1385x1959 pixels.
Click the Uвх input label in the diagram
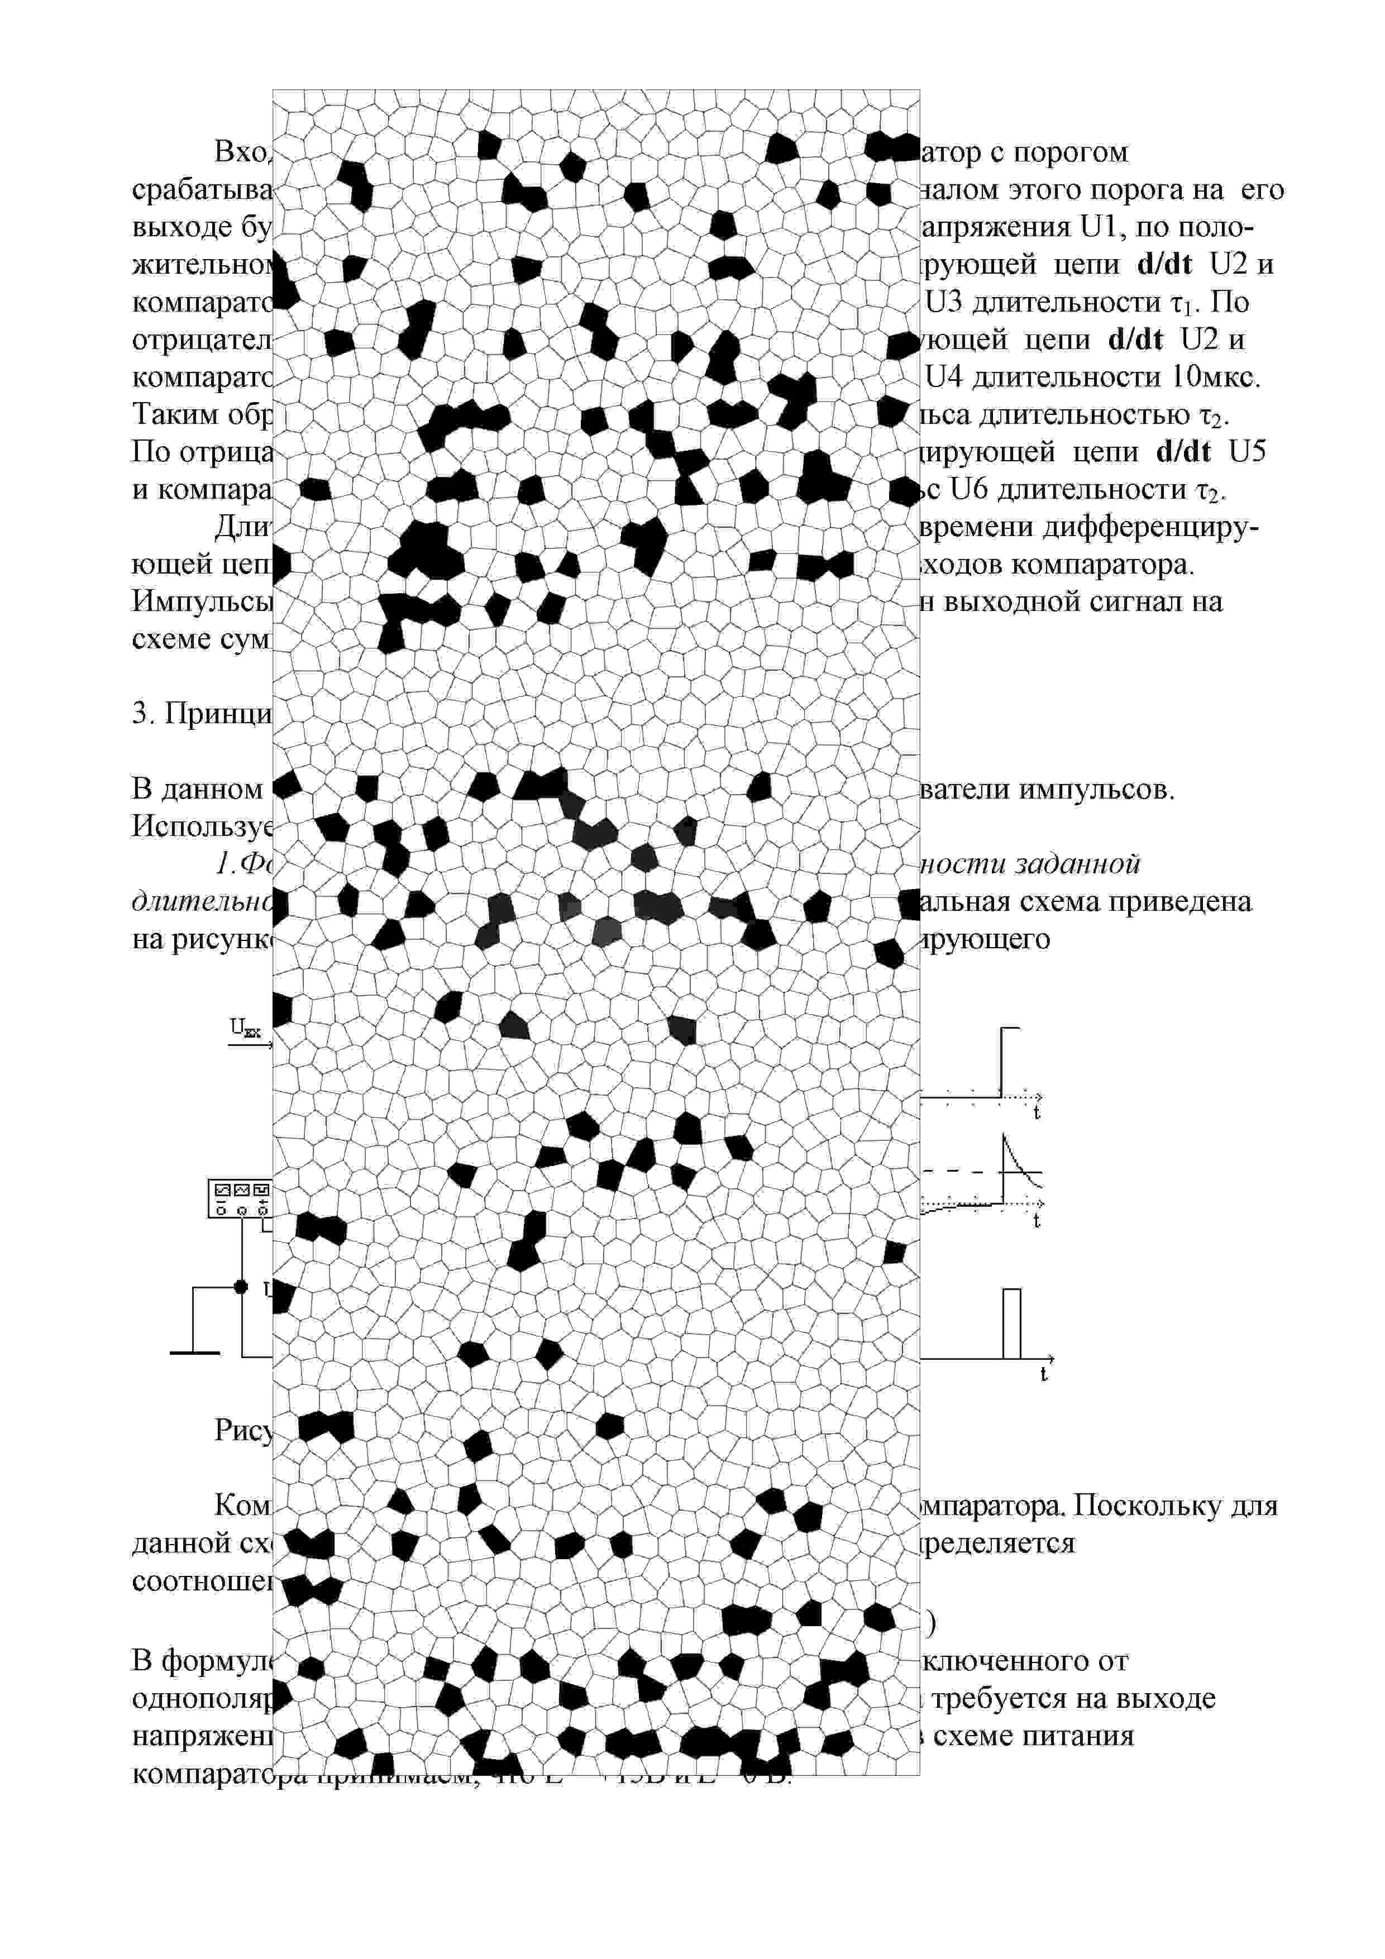click(245, 1029)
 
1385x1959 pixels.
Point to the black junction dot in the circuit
click(241, 1287)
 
